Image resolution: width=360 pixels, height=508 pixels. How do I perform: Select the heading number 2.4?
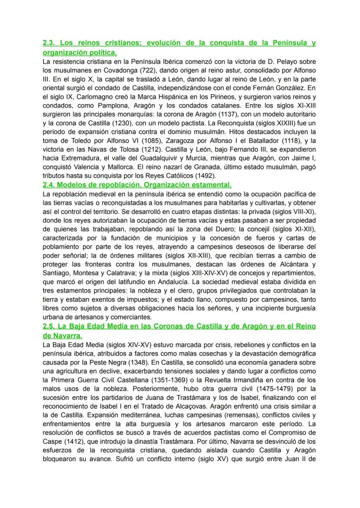pos(50,184)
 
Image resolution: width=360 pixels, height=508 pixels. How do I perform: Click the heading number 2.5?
pos(50,326)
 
